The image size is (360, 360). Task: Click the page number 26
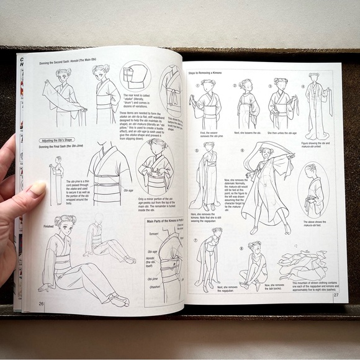point(41,303)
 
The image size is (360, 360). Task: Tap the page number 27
point(336,295)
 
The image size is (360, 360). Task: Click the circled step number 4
point(304,86)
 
